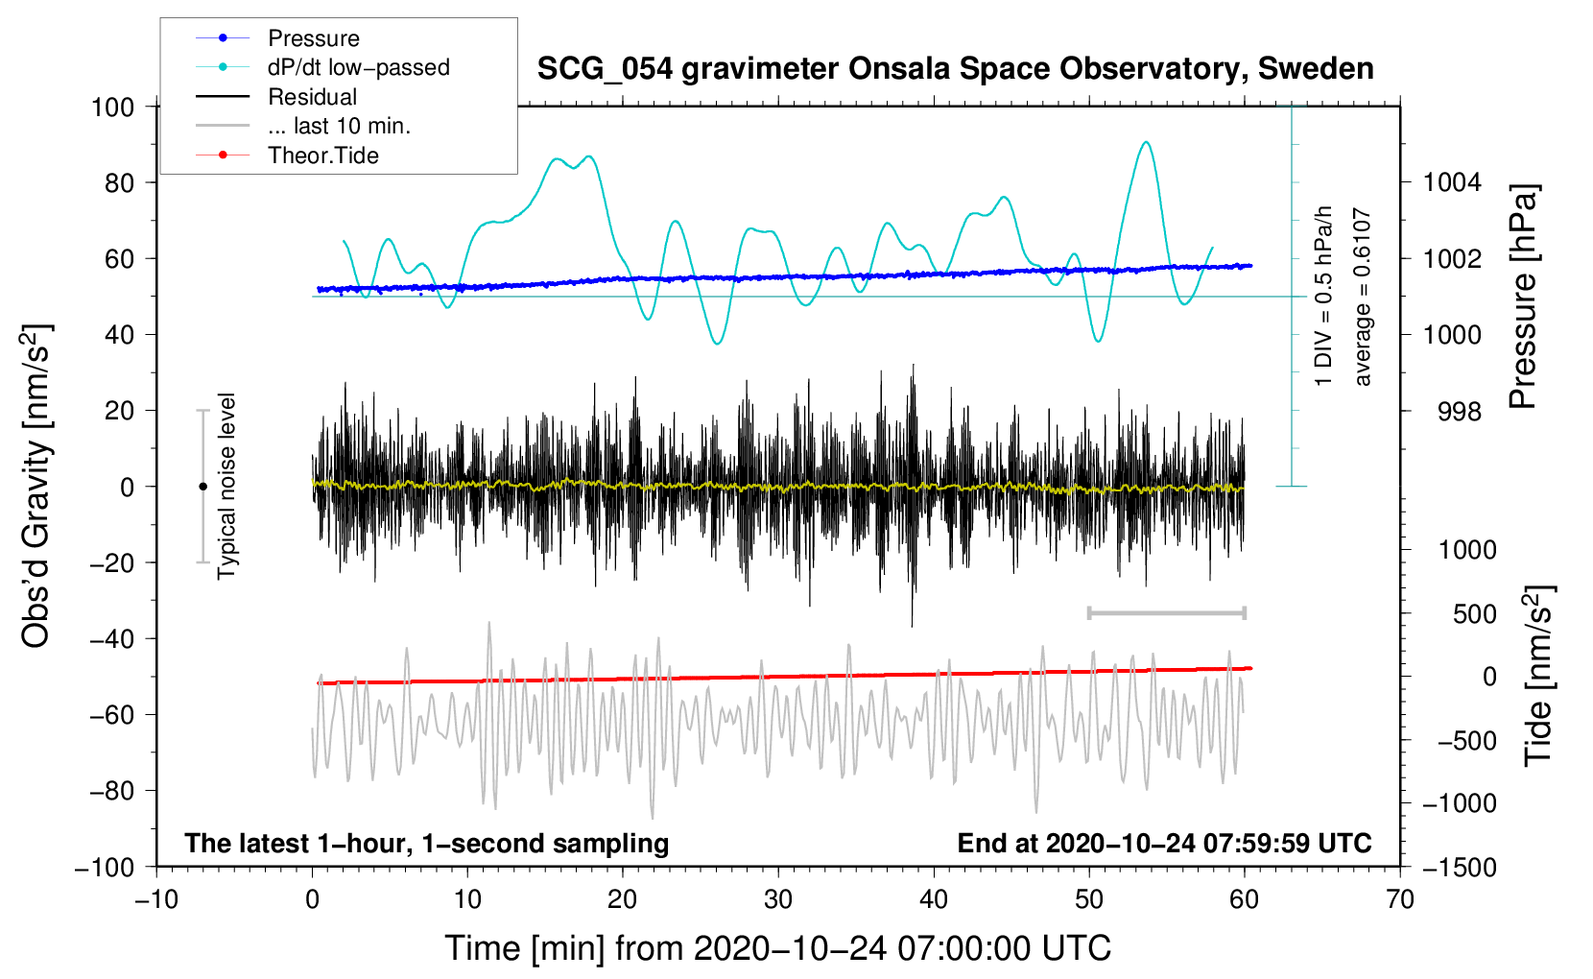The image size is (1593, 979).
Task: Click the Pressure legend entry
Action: pos(313,38)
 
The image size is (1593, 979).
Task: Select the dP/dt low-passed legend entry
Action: pos(358,67)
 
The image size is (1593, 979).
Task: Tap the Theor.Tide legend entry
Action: pos(322,155)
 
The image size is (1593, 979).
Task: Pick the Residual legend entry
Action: pos(312,97)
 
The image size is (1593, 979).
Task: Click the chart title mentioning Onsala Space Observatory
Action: pos(955,69)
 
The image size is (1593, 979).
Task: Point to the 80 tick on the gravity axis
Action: pos(119,182)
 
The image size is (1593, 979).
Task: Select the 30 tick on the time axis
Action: pos(778,900)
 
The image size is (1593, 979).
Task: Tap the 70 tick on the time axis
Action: pos(1400,900)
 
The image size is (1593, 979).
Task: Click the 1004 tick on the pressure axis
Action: pos(1452,182)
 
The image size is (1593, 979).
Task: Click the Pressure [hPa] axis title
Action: pos(1523,297)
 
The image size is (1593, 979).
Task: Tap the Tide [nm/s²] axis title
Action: pos(1538,675)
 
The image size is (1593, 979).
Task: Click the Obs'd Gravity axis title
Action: pos(36,486)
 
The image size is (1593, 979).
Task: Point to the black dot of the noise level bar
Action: pos(202,487)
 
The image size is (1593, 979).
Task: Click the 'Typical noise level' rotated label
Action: pos(226,486)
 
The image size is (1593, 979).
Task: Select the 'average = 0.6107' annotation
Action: pos(1362,298)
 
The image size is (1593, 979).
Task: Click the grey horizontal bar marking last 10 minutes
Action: pos(1166,612)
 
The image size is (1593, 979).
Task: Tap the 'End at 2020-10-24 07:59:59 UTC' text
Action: pos(1164,844)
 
